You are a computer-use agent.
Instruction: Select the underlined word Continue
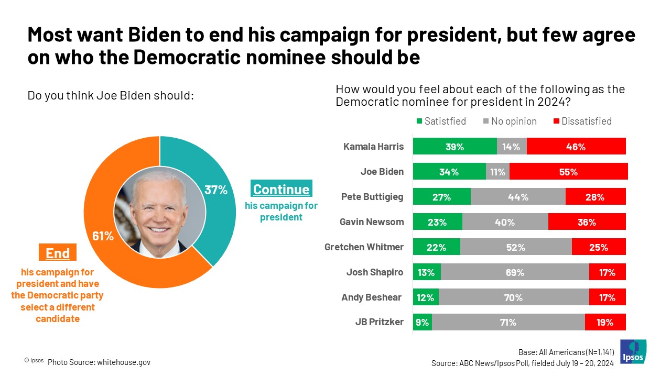281,189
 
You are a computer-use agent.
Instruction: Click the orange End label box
58,253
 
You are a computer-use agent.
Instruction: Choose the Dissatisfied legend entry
582,121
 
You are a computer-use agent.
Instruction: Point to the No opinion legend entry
510,121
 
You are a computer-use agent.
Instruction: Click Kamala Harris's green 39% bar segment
454,147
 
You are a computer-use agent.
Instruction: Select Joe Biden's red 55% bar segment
568,172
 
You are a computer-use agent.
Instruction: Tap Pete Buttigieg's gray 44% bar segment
518,197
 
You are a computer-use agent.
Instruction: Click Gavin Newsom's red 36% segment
587,222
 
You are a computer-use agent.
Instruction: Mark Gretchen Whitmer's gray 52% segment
516,247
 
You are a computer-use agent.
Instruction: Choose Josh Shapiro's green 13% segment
427,272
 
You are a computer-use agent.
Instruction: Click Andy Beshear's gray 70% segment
514,297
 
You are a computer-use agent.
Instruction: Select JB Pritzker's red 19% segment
605,322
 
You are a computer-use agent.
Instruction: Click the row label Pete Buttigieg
372,197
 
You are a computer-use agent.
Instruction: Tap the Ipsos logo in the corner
633,351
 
